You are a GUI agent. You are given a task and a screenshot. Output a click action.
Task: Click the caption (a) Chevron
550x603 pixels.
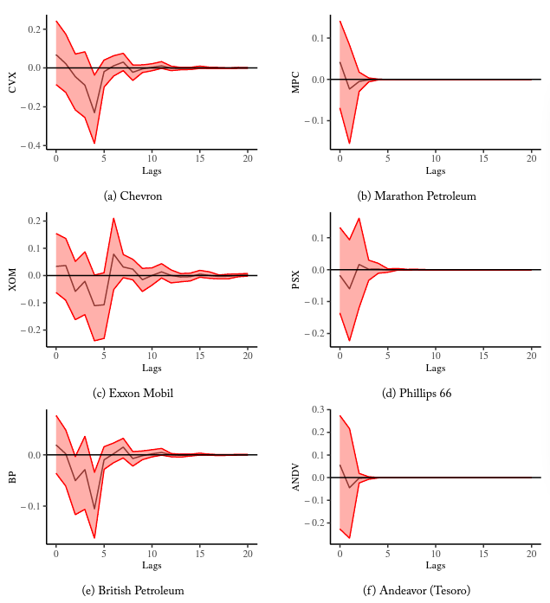click(x=133, y=196)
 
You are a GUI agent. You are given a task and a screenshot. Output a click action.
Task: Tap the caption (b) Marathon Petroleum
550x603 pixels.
click(x=417, y=196)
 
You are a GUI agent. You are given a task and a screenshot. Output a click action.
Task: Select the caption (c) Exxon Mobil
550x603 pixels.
click(x=133, y=394)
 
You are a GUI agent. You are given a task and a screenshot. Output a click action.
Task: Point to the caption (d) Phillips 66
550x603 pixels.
click(x=417, y=394)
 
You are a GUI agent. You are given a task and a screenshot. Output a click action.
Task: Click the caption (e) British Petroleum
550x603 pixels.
click(x=133, y=591)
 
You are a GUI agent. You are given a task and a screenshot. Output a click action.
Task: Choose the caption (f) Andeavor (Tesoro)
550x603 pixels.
click(x=417, y=591)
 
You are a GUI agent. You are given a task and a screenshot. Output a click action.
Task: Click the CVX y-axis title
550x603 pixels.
click(x=12, y=82)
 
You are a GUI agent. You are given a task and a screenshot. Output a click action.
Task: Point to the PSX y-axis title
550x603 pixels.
click(x=296, y=279)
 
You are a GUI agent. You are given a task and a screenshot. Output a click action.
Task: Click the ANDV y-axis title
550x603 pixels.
click(x=296, y=476)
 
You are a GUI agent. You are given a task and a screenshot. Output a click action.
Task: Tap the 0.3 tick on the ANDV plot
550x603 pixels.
click(x=317, y=409)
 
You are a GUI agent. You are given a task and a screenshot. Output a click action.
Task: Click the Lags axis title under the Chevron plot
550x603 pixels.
click(x=152, y=171)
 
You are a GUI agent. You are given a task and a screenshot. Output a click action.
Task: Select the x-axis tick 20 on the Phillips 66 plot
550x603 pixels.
click(x=531, y=356)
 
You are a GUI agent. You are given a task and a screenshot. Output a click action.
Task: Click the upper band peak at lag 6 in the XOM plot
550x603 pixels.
click(x=113, y=218)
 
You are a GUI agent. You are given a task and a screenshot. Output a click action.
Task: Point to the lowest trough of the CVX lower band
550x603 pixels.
click(x=94, y=143)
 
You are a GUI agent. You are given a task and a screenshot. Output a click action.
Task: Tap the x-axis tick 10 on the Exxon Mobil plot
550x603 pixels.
click(x=152, y=356)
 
